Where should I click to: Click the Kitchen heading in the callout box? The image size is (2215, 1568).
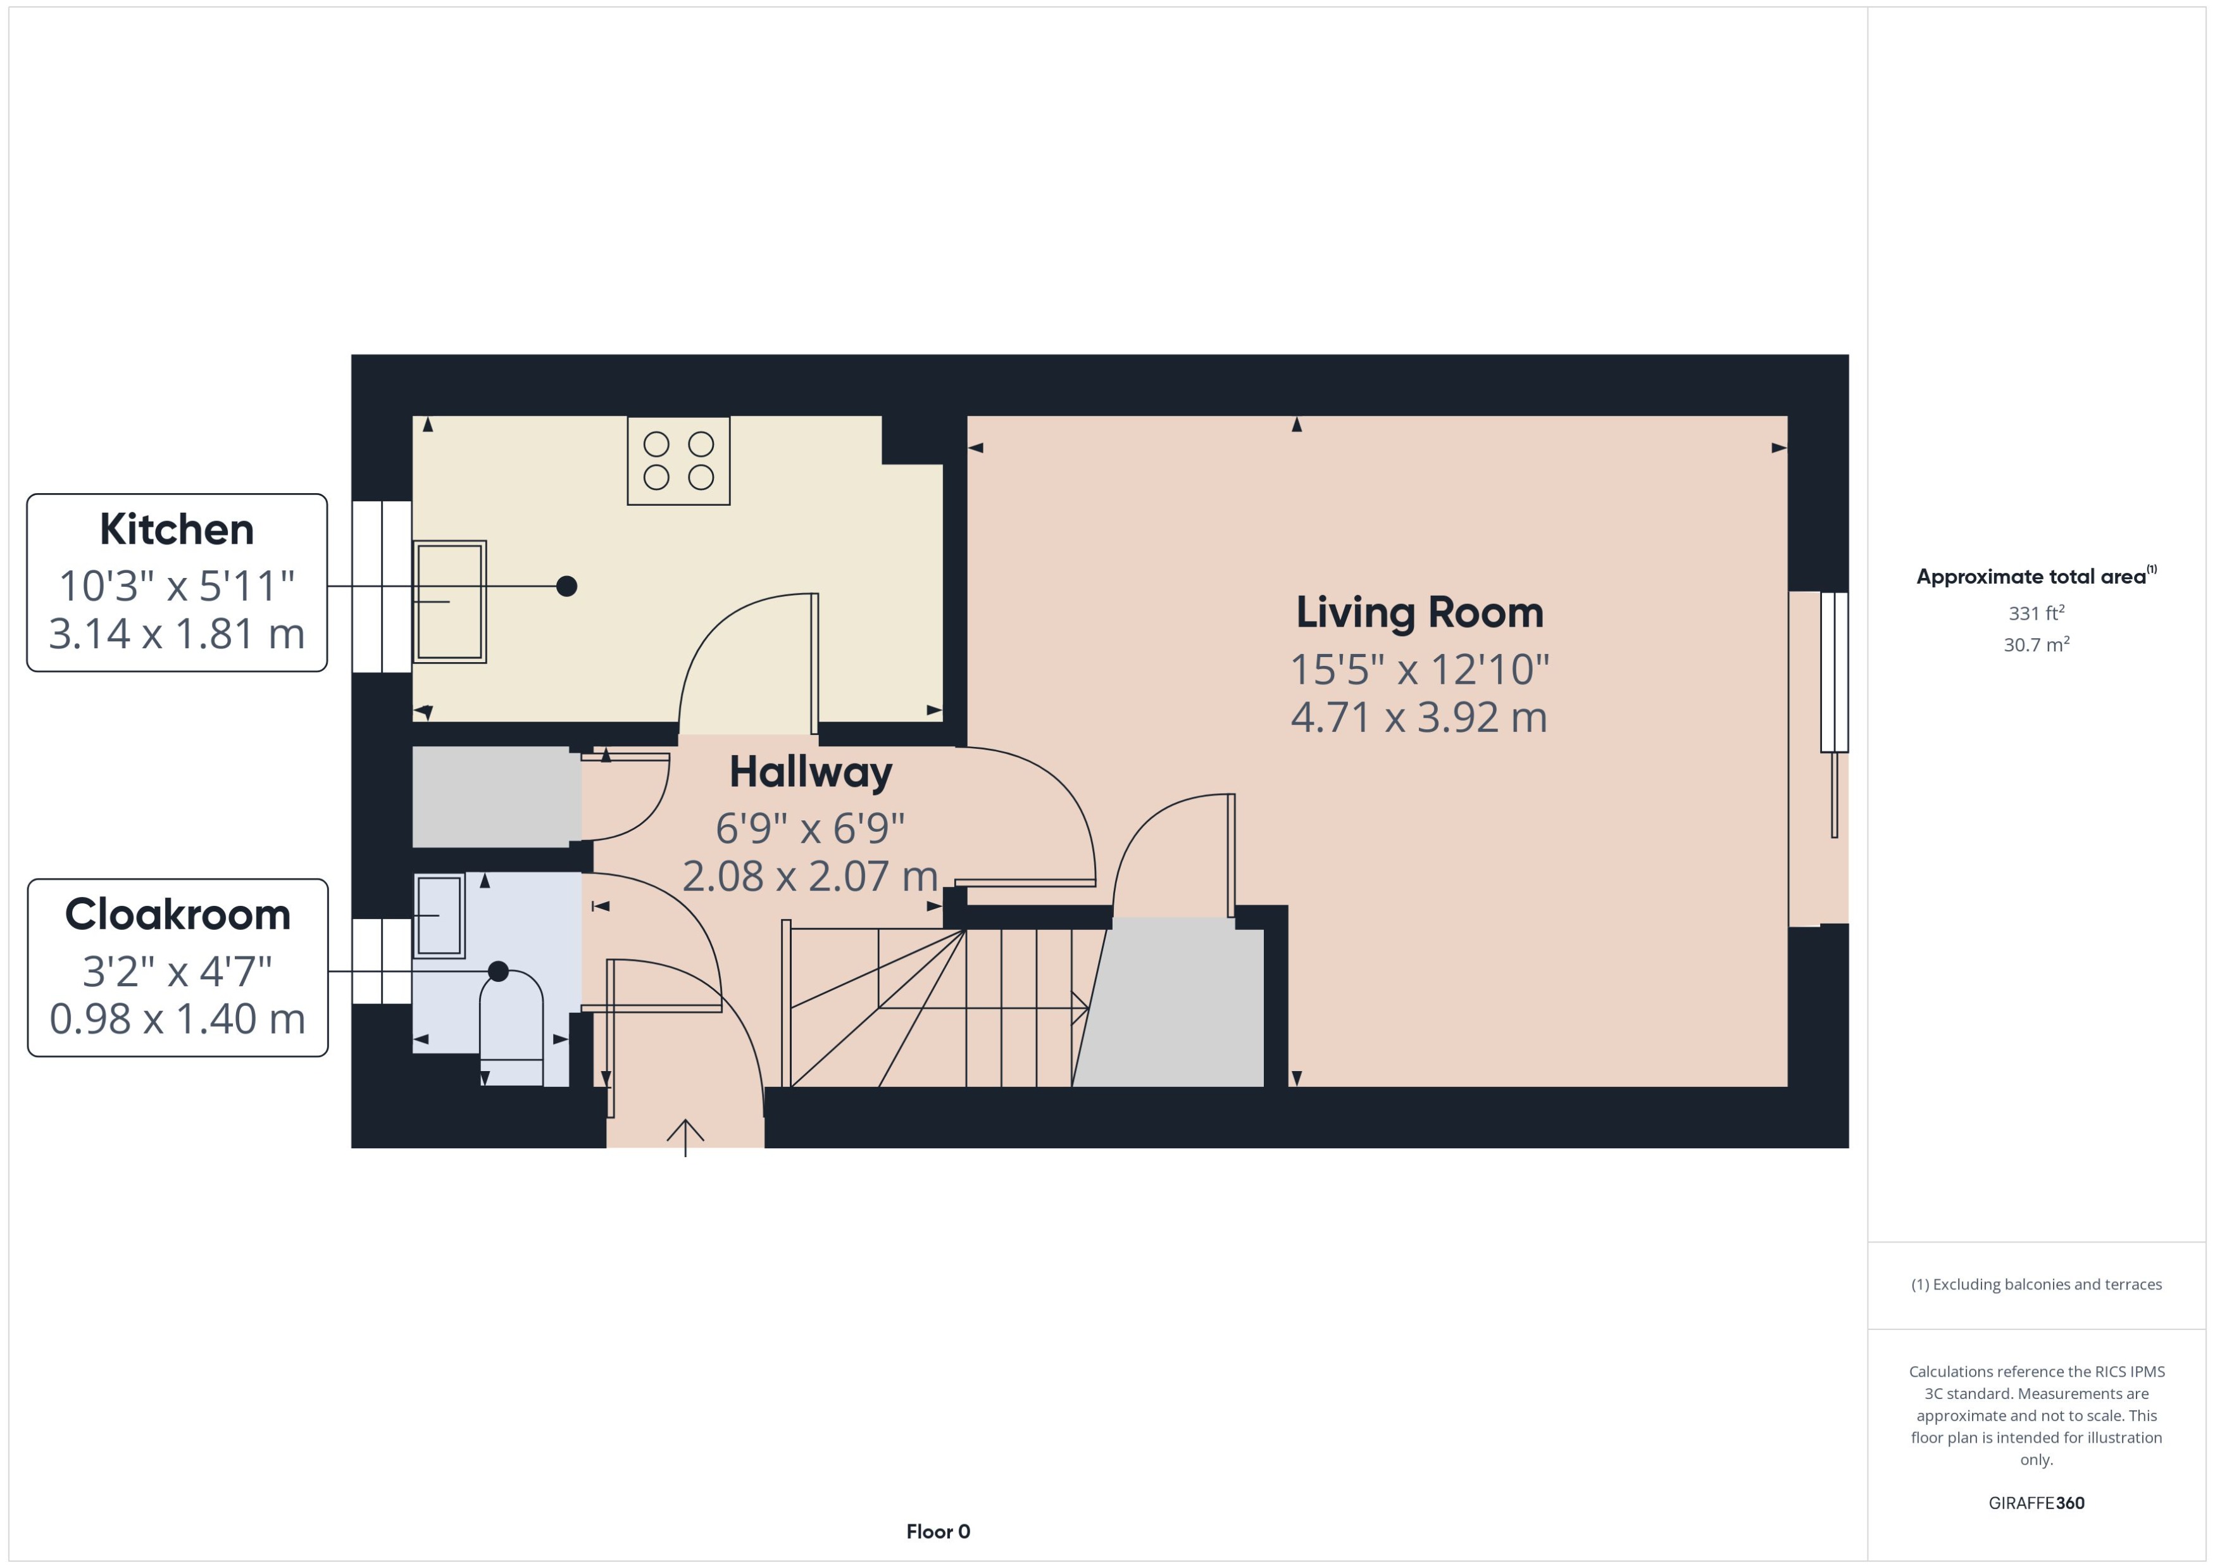pyautogui.click(x=177, y=529)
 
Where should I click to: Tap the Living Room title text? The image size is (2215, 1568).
pyautogui.click(x=1419, y=612)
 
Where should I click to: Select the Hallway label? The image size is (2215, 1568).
pyautogui.click(x=811, y=772)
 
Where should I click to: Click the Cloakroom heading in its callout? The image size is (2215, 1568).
pyautogui.click(x=178, y=914)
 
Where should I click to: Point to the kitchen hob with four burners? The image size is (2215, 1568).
pyautogui.click(x=678, y=461)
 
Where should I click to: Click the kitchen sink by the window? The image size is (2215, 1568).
pyautogui.click(x=450, y=601)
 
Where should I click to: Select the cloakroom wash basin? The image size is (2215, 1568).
pyautogui.click(x=439, y=915)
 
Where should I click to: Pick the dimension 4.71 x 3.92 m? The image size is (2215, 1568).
pyautogui.click(x=1419, y=717)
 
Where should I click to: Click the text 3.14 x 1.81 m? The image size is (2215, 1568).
pyautogui.click(x=177, y=634)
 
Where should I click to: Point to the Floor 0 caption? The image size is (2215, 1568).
pyautogui.click(x=938, y=1531)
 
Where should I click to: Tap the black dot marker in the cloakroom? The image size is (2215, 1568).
pyautogui.click(x=498, y=971)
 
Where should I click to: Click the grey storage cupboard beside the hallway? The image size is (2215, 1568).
pyautogui.click(x=495, y=796)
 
